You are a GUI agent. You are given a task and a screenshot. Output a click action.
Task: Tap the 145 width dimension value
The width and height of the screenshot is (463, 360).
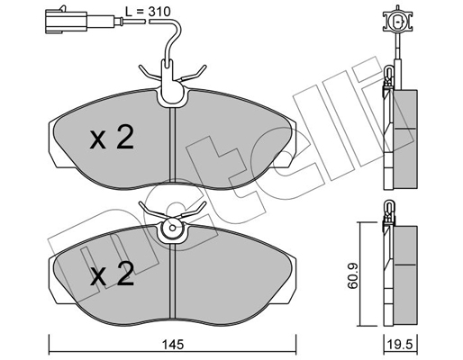coord(175,343)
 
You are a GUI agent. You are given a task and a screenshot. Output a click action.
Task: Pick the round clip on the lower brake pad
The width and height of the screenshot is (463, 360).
coord(172,231)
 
